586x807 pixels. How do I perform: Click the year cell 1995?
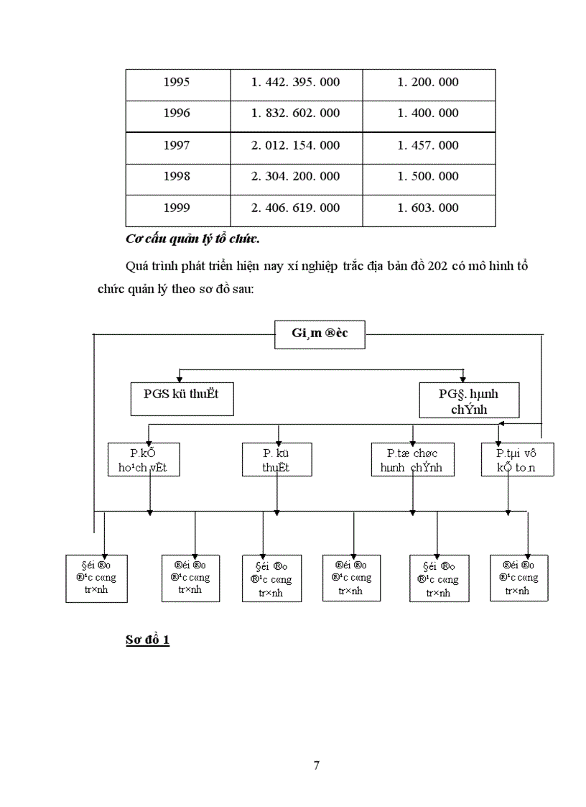tap(177, 82)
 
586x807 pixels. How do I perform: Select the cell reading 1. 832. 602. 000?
tap(295, 113)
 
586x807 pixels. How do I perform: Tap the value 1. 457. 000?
tap(428, 145)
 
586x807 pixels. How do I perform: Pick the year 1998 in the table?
tap(177, 177)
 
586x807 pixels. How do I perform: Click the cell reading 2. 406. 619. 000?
tap(295, 208)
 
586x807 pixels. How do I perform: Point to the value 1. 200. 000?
tap(428, 82)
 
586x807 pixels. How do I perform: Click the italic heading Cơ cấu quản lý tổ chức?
tap(192, 239)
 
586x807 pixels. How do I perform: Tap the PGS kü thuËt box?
tap(182, 399)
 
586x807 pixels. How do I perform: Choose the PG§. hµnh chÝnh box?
tap(468, 400)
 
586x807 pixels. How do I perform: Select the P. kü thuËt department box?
tap(276, 459)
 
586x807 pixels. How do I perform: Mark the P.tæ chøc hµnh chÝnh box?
tap(411, 459)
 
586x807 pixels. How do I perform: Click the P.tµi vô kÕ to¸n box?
tap(508, 459)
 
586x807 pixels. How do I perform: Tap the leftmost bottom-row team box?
tap(96, 578)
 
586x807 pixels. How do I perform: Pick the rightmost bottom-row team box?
tap(518, 578)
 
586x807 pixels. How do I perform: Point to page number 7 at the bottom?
tap(317, 765)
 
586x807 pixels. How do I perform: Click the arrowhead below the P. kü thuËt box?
tap(276, 512)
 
